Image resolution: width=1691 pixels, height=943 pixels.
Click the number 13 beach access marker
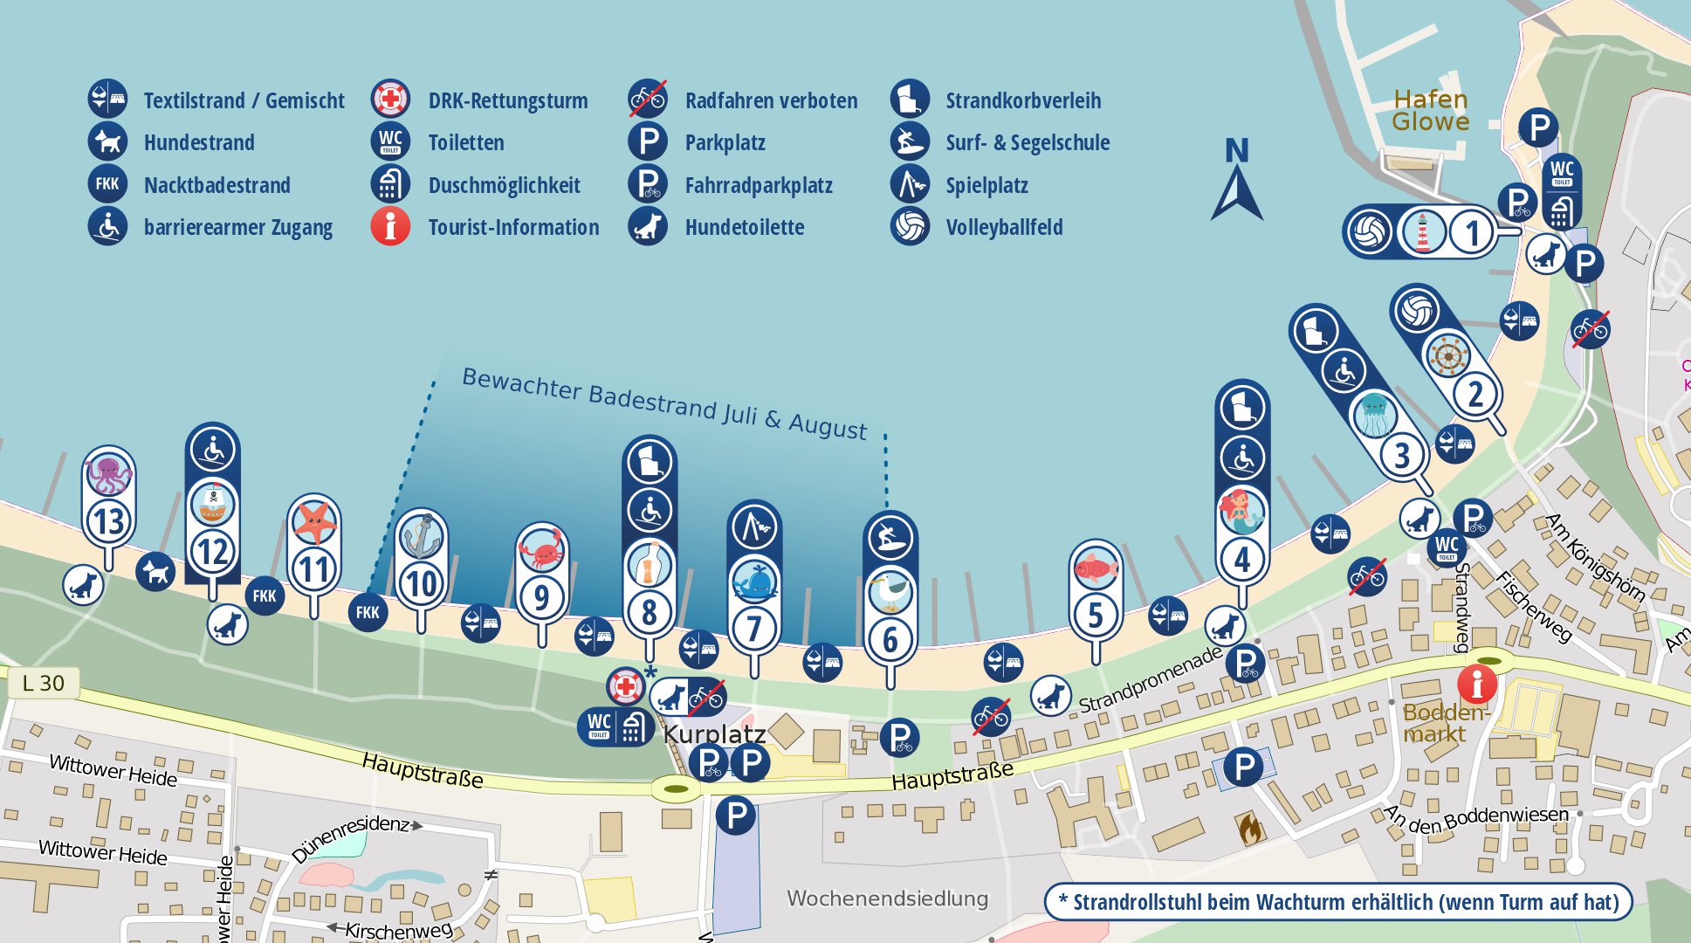click(109, 521)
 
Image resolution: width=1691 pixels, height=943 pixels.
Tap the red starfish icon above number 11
click(314, 522)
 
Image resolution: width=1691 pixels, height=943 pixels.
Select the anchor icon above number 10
click(422, 536)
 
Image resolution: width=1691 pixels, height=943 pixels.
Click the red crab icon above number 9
click(542, 551)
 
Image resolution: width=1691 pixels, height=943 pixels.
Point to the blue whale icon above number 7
click(754, 582)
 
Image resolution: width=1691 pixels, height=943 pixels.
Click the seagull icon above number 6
click(890, 593)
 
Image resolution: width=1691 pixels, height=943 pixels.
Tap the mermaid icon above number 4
click(1241, 512)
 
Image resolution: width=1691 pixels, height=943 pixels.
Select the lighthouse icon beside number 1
click(1421, 232)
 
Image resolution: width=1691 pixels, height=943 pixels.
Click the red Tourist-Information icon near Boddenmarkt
click(1477, 684)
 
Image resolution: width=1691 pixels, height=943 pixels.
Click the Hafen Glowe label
click(1430, 111)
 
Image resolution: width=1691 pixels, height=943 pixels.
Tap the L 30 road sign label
click(44, 684)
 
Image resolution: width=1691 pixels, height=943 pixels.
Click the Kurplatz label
click(714, 734)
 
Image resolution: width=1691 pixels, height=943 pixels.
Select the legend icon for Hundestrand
click(107, 141)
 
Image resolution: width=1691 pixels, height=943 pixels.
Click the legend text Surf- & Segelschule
click(1028, 142)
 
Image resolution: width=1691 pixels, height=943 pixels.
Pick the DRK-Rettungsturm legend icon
click(390, 100)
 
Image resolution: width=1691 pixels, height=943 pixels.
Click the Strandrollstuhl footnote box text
click(1337, 902)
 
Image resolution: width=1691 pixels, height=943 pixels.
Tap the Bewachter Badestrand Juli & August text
click(663, 403)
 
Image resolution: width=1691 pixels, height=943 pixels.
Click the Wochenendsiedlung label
click(887, 898)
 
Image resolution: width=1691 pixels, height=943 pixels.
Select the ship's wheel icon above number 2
click(1447, 355)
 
